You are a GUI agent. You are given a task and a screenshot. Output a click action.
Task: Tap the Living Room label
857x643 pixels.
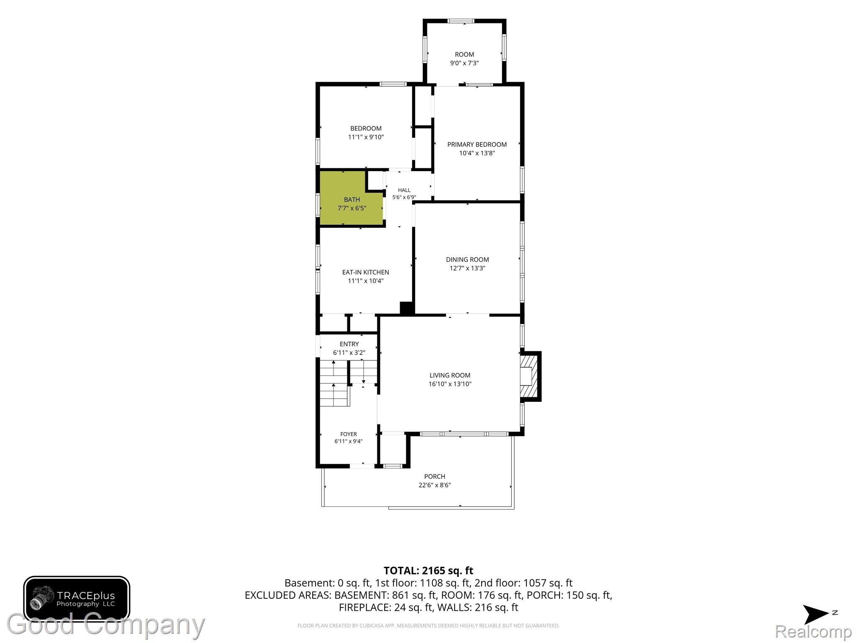[450, 376]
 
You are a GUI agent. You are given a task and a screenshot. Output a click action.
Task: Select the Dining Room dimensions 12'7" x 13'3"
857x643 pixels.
[467, 268]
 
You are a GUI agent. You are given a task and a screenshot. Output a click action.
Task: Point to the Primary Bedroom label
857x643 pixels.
[477, 144]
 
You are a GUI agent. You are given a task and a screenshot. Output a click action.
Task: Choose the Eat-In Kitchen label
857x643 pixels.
[366, 272]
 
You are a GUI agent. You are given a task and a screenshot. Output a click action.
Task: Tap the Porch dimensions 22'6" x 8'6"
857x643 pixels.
[435, 485]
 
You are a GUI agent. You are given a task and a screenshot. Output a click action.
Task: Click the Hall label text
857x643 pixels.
[404, 190]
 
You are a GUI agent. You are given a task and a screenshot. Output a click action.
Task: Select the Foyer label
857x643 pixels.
[349, 434]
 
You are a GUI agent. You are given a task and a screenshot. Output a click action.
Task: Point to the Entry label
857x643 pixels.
[349, 344]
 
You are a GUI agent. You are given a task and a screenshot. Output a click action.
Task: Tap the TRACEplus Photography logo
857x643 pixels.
[77, 599]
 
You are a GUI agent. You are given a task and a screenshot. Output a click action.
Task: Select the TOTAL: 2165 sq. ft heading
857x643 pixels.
[428, 571]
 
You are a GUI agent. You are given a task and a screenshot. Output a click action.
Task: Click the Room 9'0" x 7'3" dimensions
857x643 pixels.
[464, 63]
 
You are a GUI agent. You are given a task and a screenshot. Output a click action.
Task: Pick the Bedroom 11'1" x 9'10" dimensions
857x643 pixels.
[366, 137]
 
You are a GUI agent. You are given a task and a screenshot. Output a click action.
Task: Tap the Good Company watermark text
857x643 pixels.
[106, 625]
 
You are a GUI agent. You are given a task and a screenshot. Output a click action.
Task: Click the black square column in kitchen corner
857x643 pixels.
[407, 308]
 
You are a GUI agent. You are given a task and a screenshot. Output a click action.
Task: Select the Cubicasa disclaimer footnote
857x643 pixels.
[428, 626]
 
